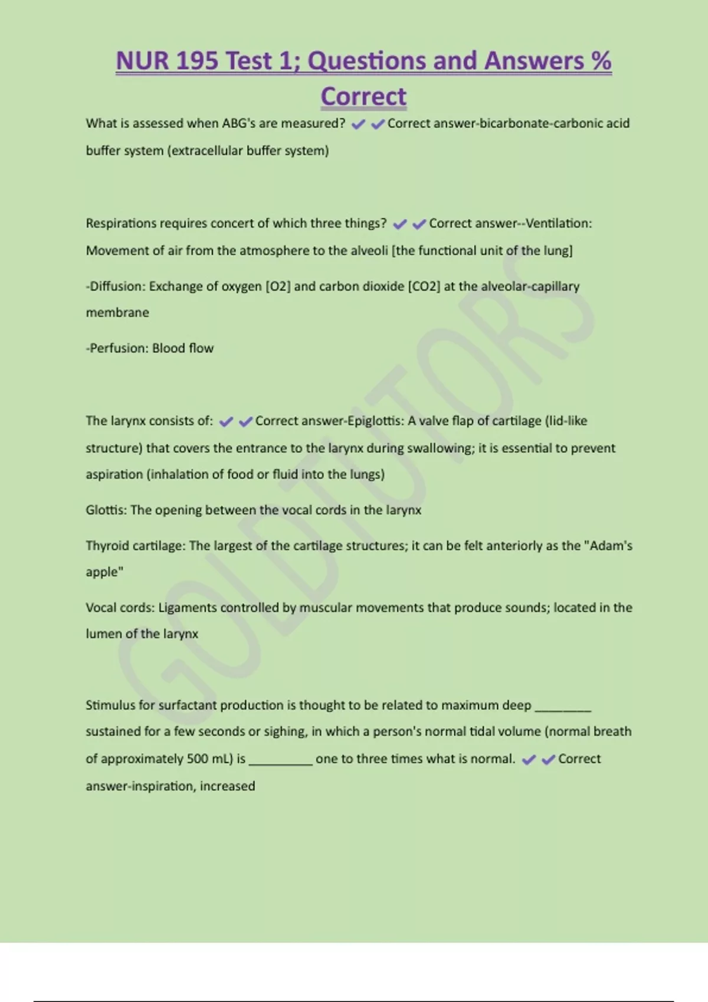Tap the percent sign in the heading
(601, 61)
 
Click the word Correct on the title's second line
(363, 97)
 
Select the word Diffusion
(116, 286)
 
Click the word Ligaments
(187, 608)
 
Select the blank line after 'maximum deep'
(562, 707)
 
